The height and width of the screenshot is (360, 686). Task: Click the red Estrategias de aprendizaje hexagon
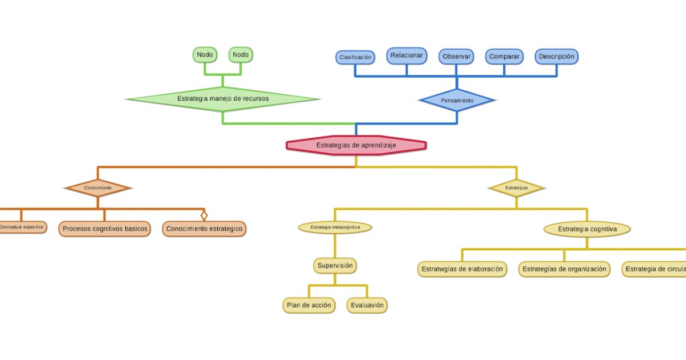point(356,145)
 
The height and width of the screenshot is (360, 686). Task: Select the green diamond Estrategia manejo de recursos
point(222,99)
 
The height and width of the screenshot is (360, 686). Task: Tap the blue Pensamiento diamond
point(457,101)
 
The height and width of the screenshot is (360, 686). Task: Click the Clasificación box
point(355,57)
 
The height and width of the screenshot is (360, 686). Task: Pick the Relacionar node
point(406,55)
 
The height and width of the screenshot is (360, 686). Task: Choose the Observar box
point(456,57)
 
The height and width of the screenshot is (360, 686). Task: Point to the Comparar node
point(504,57)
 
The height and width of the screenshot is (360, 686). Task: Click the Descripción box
point(556,57)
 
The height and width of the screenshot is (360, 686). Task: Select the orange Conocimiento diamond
point(98,187)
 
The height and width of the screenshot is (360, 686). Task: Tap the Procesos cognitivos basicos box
point(105,229)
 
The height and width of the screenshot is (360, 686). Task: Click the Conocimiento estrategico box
point(204,229)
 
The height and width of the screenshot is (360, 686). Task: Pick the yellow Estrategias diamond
point(516,187)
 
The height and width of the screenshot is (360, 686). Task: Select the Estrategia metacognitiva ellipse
point(335,227)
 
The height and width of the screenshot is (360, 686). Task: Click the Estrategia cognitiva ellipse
point(587,229)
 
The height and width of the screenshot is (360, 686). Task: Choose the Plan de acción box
point(308,305)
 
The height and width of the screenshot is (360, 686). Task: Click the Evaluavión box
point(367,305)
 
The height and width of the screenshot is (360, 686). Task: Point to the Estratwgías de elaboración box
point(462,269)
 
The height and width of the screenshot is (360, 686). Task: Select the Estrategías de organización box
point(564,269)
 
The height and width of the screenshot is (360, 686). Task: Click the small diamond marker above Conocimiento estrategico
point(204,215)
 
